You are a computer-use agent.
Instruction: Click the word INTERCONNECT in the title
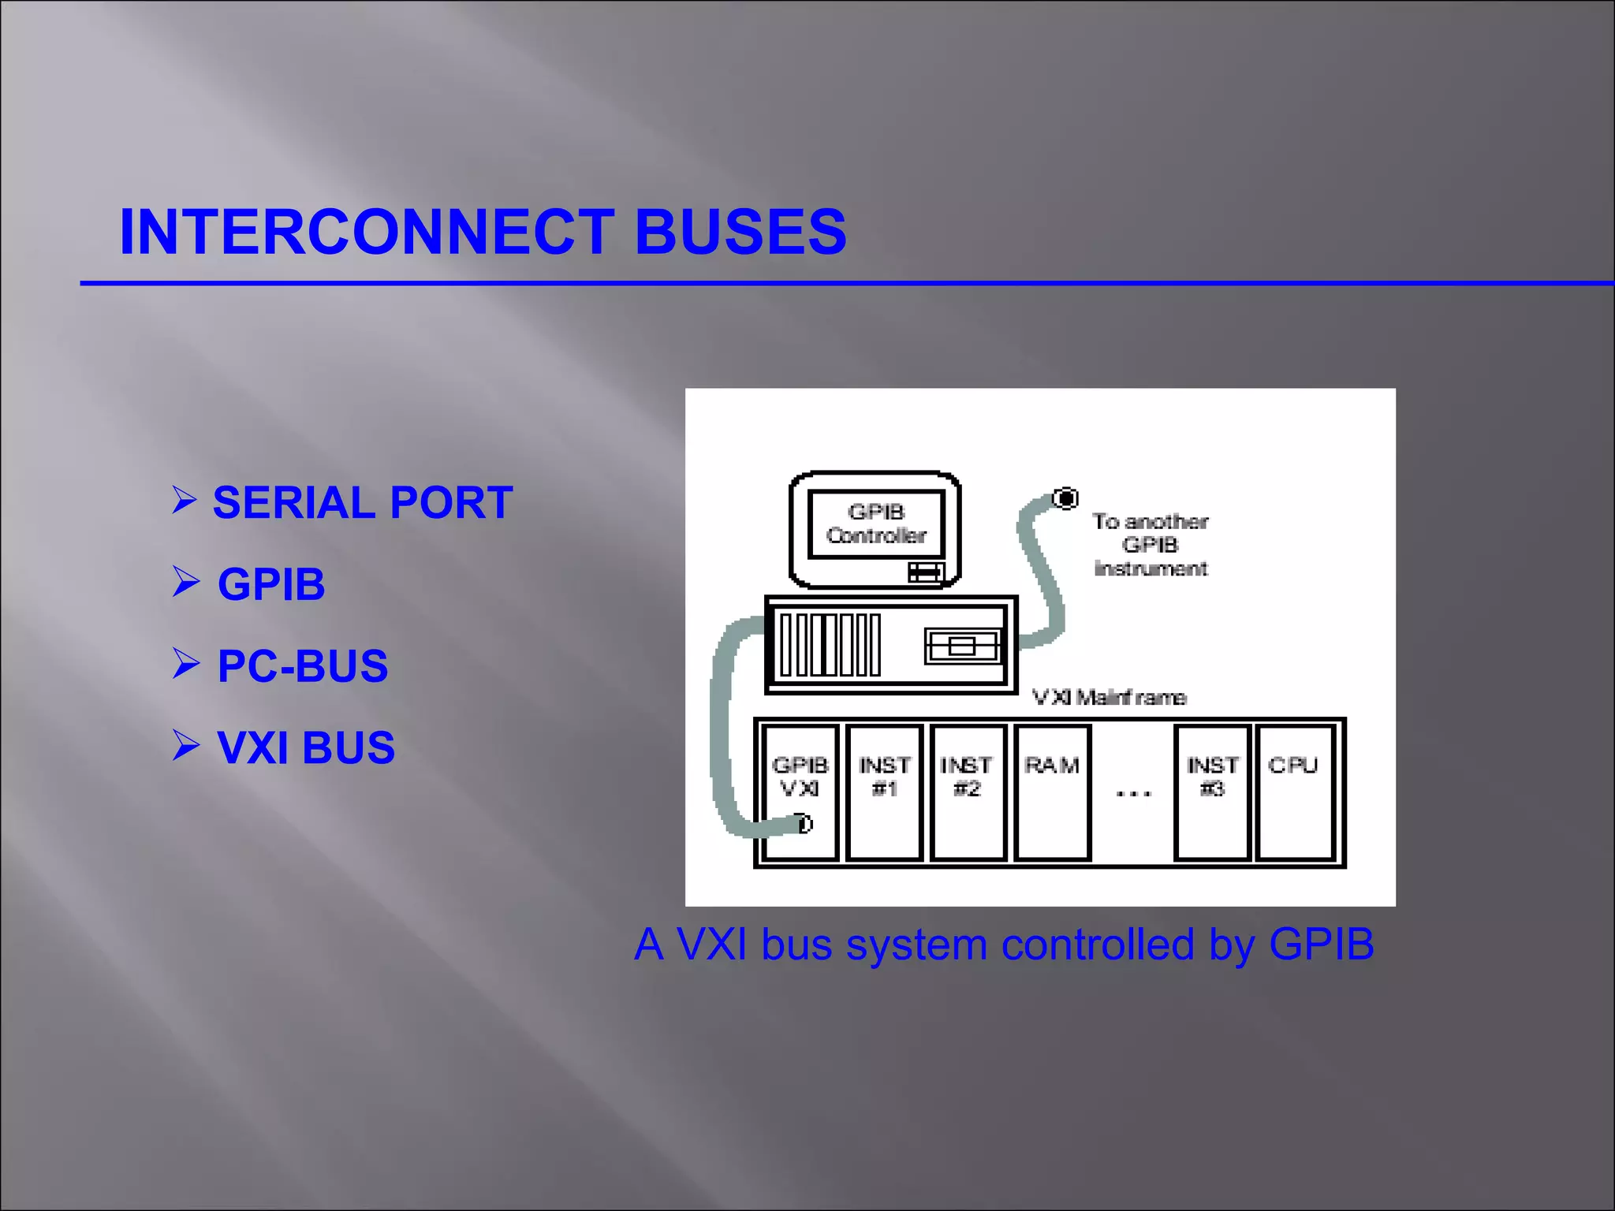(x=367, y=232)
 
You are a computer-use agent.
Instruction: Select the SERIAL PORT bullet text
(x=363, y=503)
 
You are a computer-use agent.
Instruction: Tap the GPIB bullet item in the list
(x=271, y=584)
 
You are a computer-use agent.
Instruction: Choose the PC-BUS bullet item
(x=303, y=666)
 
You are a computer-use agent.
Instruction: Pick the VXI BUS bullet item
(x=306, y=747)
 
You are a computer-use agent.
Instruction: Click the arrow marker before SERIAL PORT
(x=184, y=500)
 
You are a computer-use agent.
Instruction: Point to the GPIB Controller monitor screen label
(x=876, y=524)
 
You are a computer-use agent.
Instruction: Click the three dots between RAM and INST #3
(x=1133, y=793)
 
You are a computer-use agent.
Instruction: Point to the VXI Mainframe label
(x=1109, y=698)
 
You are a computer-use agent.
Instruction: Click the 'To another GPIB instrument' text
(x=1151, y=545)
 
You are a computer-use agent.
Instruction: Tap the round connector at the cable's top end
(x=1066, y=498)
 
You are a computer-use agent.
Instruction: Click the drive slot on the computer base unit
(x=962, y=646)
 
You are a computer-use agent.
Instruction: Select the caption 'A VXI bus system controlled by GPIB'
(x=1004, y=944)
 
